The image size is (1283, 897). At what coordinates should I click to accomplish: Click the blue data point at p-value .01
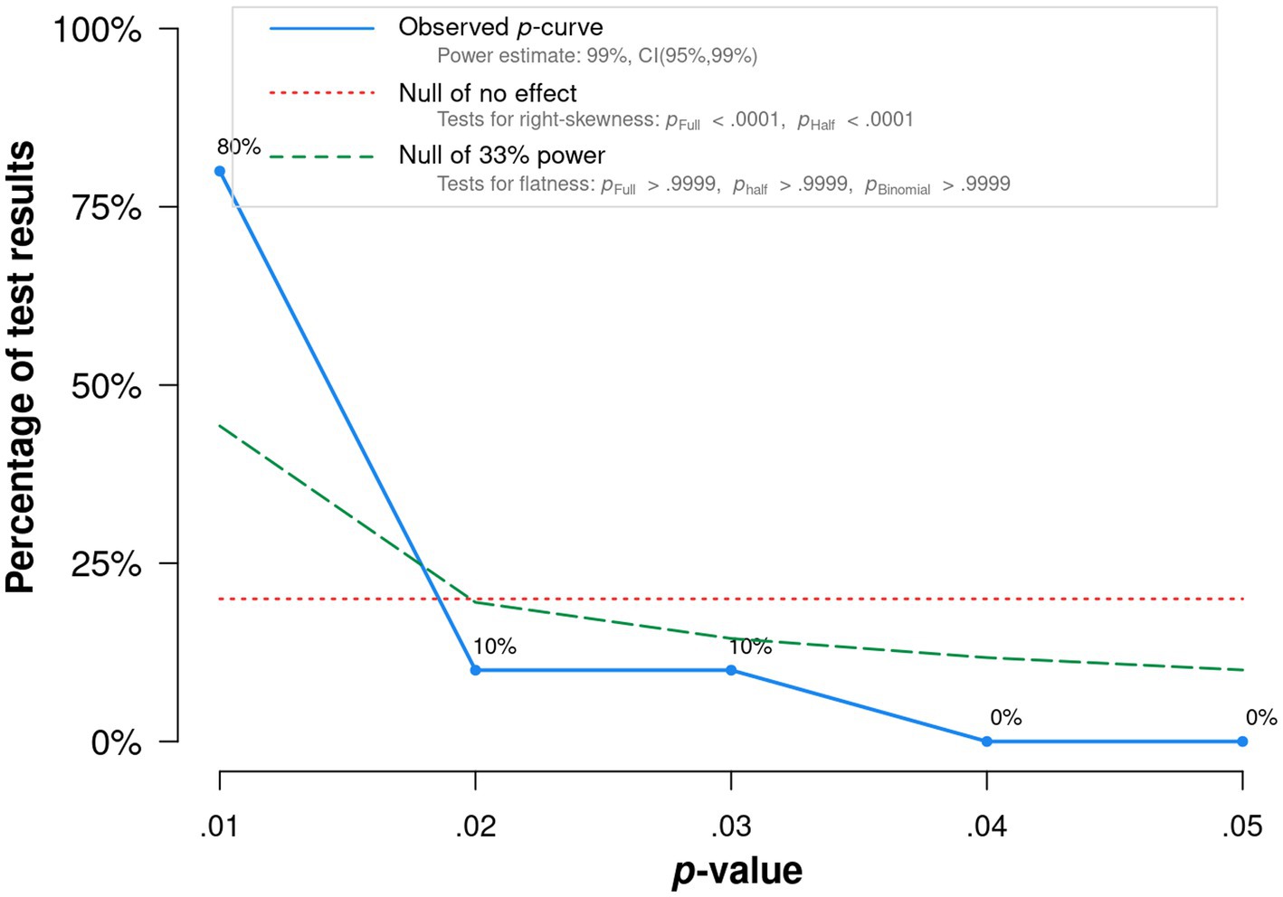point(220,171)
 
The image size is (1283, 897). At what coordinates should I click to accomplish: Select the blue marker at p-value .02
point(476,670)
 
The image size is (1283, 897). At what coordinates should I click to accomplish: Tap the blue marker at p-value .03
point(731,670)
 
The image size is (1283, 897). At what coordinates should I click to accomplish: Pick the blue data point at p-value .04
point(987,741)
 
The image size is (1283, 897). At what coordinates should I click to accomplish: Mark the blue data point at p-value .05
point(1242,741)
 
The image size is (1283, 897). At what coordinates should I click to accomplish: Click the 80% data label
point(239,146)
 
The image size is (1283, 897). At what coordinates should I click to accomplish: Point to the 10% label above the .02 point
point(494,647)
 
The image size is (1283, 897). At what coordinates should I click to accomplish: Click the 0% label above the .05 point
point(1261,718)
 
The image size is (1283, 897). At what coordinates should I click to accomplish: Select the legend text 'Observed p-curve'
point(500,27)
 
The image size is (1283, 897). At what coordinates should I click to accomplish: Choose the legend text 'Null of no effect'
point(488,93)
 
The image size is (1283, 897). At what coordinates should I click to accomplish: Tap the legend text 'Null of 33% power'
point(501,156)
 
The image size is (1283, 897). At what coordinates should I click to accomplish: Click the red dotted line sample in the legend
point(322,92)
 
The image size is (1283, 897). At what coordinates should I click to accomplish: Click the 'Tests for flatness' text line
point(723,184)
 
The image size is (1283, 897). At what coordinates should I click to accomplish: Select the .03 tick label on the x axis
point(731,826)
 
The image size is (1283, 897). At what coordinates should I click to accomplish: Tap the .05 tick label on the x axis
point(1242,826)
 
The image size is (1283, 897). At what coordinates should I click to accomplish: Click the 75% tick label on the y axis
point(106,208)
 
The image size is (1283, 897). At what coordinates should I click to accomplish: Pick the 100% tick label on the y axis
point(98,30)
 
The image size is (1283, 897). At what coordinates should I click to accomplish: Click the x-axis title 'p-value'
point(737,871)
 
